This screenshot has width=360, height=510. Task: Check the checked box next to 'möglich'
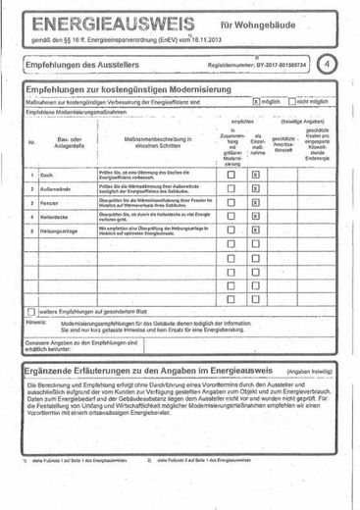tap(256, 100)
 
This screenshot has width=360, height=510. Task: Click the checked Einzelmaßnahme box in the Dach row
tap(255, 175)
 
